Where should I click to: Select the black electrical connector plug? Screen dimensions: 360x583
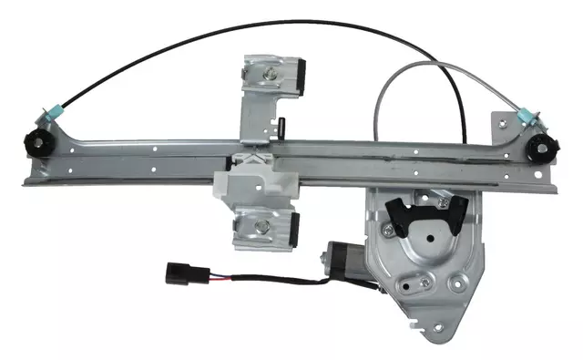tap(178, 272)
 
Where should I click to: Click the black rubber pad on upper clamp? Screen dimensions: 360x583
tap(301, 76)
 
